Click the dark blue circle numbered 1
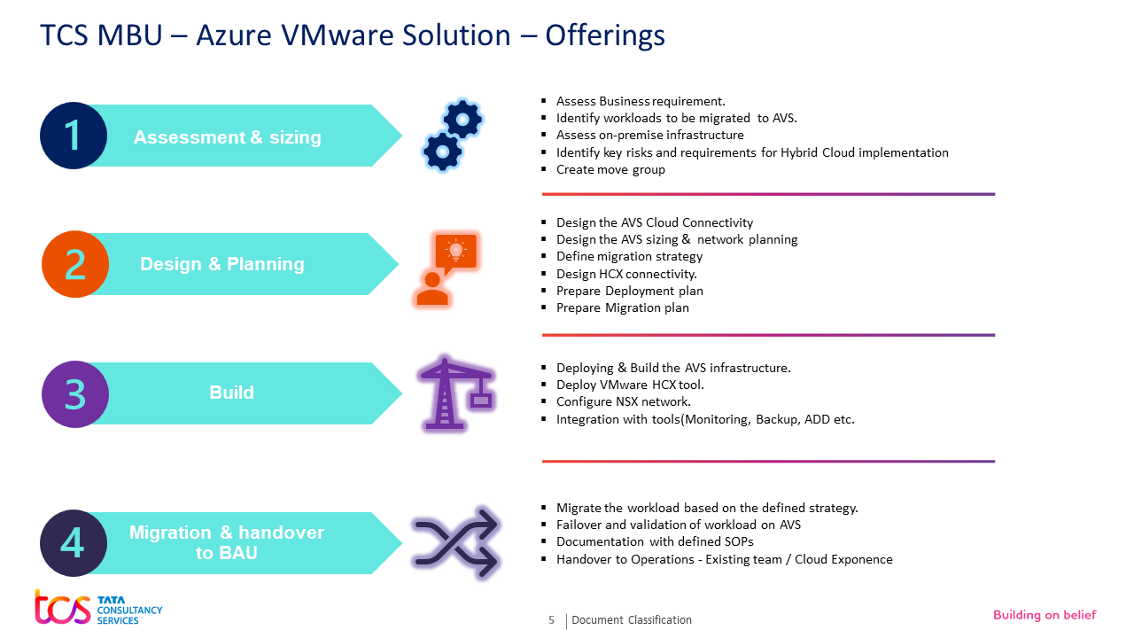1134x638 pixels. pyautogui.click(x=74, y=136)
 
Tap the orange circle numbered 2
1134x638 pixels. pyautogui.click(x=75, y=264)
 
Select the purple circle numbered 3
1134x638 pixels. pyautogui.click(x=75, y=394)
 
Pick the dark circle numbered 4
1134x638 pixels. pyautogui.click(x=74, y=543)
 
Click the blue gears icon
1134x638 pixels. pyautogui.click(x=452, y=136)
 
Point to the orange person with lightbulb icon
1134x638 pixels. pyautogui.click(x=446, y=268)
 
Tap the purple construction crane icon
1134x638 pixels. pyautogui.click(x=456, y=393)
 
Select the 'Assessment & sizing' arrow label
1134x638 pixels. pyautogui.click(x=228, y=137)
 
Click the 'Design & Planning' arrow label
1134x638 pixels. pyautogui.click(x=222, y=264)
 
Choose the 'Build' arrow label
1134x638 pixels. pyautogui.click(x=231, y=393)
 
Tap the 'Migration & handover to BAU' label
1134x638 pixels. pyautogui.click(x=227, y=542)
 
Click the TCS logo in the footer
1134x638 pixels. pyautogui.click(x=97, y=607)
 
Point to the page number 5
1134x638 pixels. pyautogui.click(x=552, y=620)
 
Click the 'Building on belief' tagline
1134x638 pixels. pyautogui.click(x=1045, y=615)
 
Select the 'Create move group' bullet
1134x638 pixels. pyautogui.click(x=610, y=169)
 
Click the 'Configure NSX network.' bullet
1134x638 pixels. pyautogui.click(x=623, y=401)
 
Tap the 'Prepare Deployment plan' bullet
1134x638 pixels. pyautogui.click(x=629, y=291)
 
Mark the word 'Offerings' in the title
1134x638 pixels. pyautogui.click(x=605, y=35)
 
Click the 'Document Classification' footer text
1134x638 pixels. pyautogui.click(x=632, y=620)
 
